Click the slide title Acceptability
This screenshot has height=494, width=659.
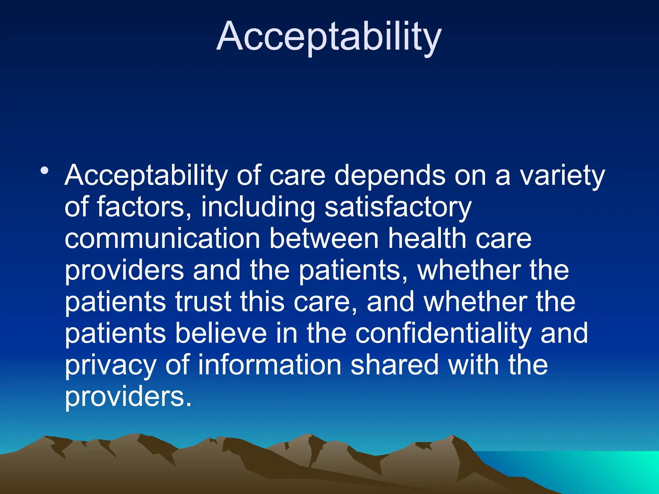click(x=329, y=36)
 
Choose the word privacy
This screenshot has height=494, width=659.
click(x=110, y=365)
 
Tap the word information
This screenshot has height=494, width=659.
click(x=269, y=365)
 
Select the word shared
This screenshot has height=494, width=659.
click(x=394, y=365)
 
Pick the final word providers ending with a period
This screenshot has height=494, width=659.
click(x=128, y=396)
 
